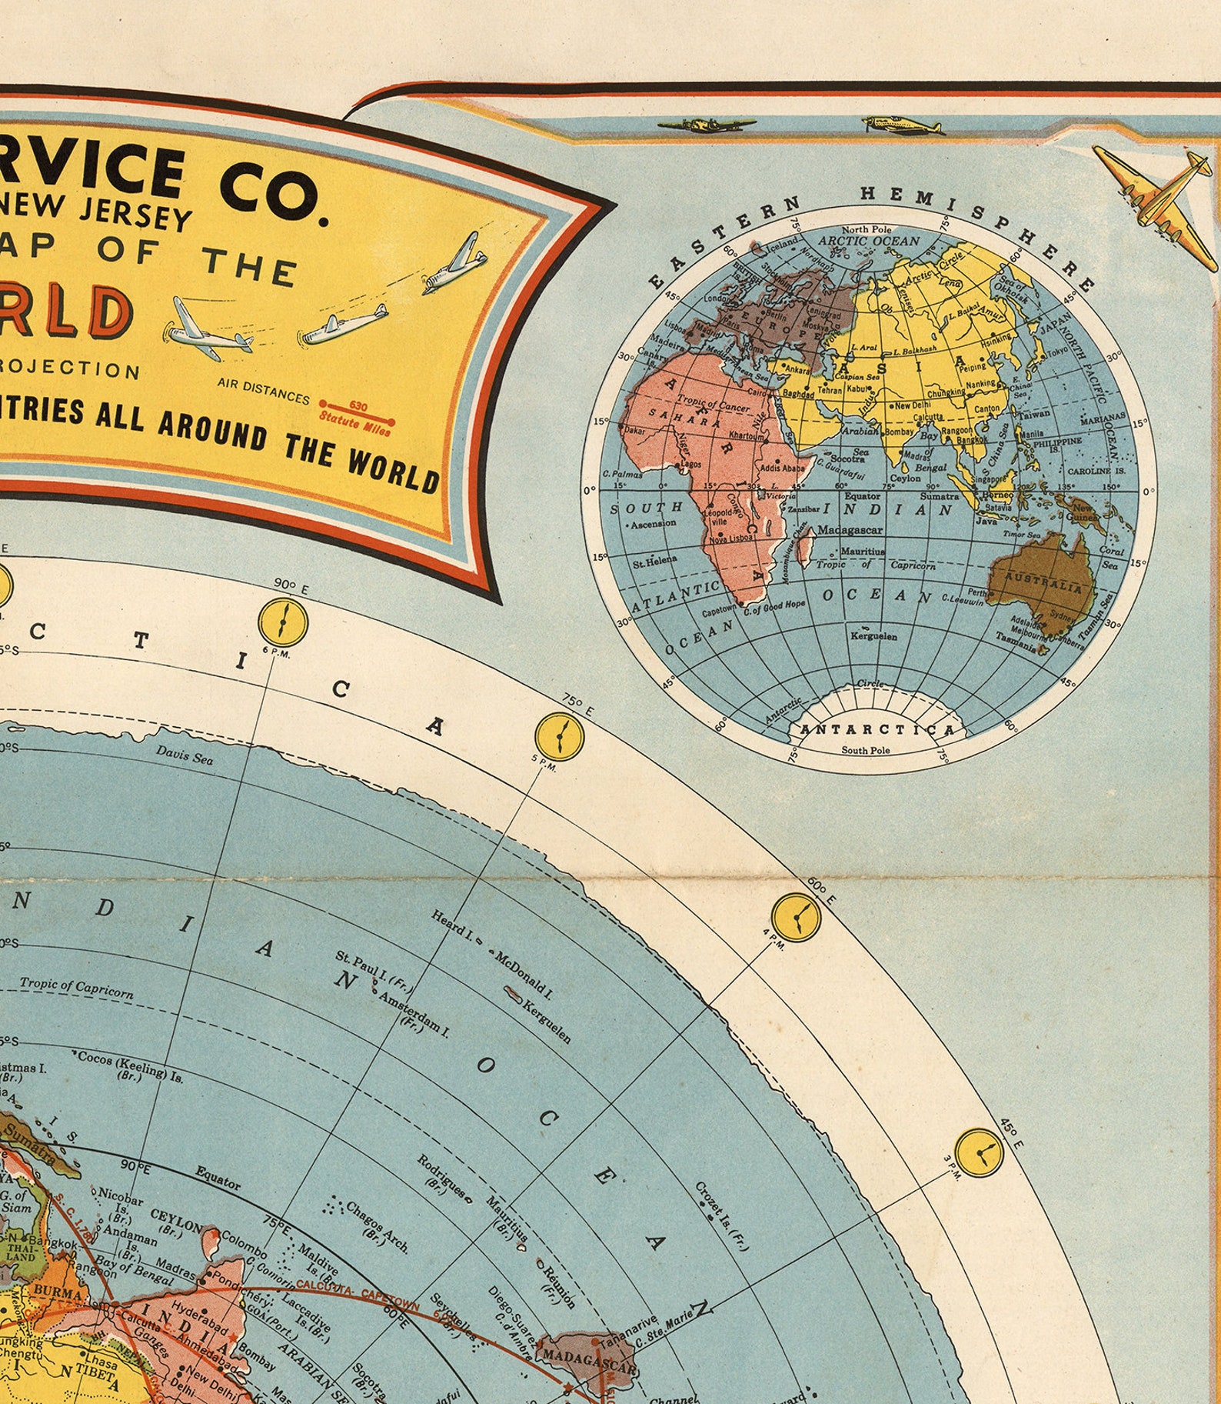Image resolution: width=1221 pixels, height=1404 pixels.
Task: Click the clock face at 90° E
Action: pyautogui.click(x=283, y=621)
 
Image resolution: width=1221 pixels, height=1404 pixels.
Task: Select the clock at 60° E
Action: pyautogui.click(x=797, y=915)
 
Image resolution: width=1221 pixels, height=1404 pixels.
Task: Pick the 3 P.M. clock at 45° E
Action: pyautogui.click(x=979, y=1152)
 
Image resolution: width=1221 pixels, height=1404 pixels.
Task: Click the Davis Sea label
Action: pyautogui.click(x=185, y=756)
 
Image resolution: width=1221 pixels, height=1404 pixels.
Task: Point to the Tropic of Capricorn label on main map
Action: pyautogui.click(x=76, y=988)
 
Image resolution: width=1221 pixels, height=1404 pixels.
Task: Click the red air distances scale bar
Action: pyautogui.click(x=357, y=412)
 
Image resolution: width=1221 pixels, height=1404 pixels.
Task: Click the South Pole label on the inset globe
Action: pyautogui.click(x=866, y=749)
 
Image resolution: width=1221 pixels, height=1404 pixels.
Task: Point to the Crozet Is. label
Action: pyautogui.click(x=721, y=1217)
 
